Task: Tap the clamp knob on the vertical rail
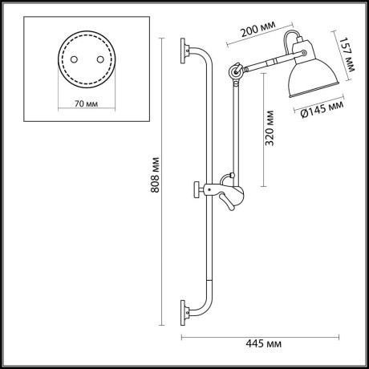coord(197,190)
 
